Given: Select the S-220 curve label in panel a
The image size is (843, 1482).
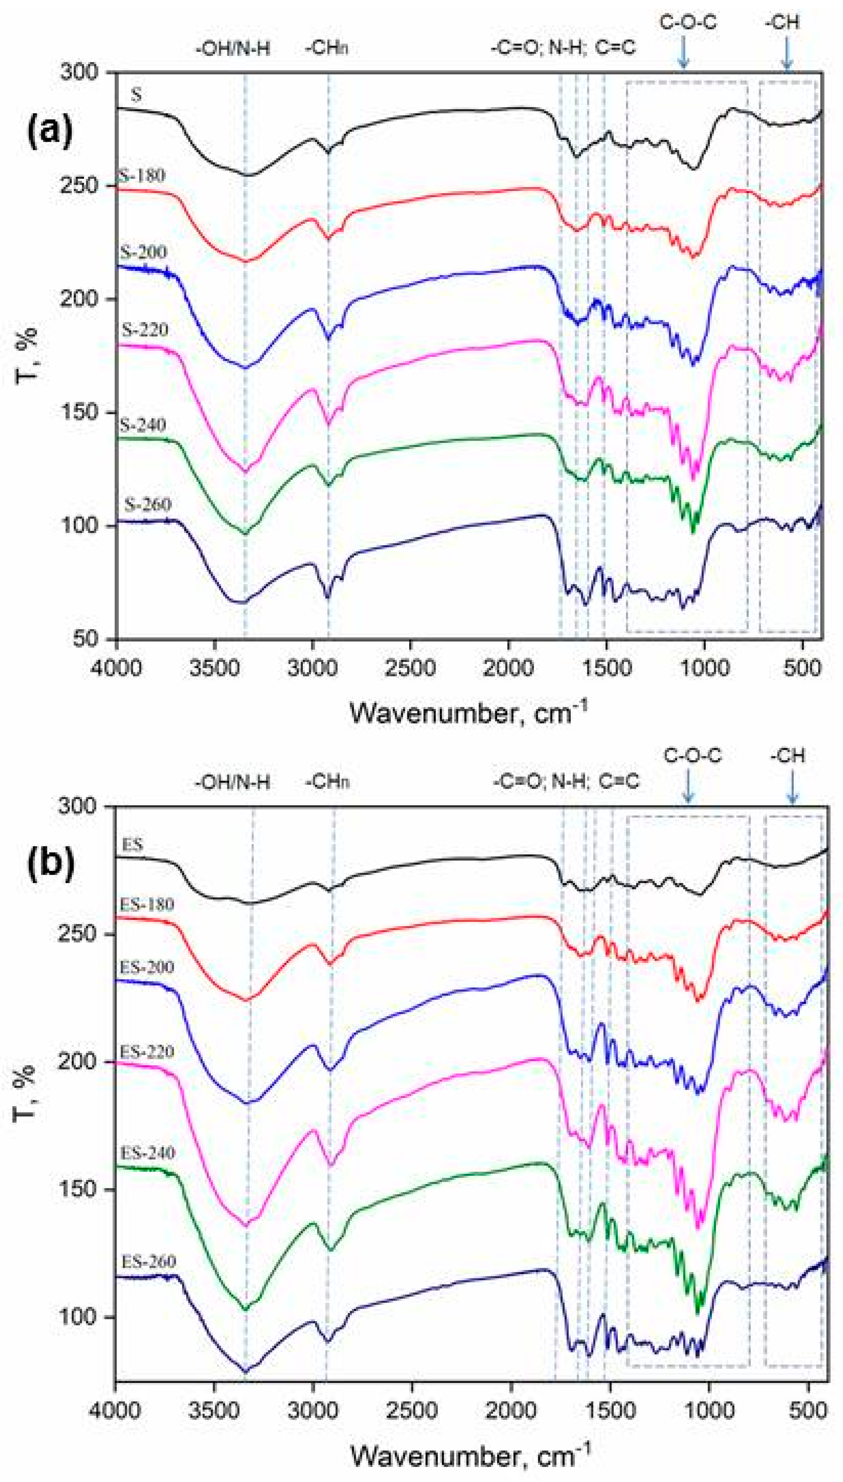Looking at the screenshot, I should tap(144, 329).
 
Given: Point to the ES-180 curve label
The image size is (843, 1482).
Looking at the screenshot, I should tap(147, 904).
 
